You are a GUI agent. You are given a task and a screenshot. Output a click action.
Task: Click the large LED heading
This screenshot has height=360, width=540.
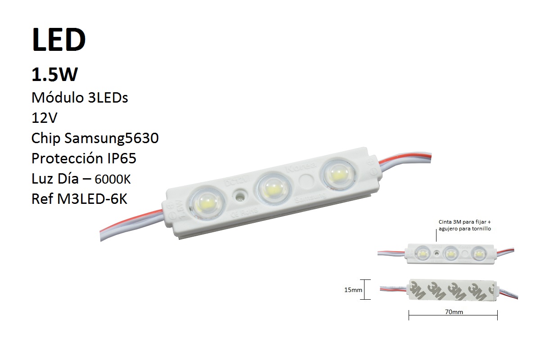(x=58, y=40)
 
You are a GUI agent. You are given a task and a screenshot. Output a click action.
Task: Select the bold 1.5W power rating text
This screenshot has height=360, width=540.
(x=54, y=75)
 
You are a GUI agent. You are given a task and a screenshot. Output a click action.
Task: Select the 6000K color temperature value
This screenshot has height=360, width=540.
(x=112, y=180)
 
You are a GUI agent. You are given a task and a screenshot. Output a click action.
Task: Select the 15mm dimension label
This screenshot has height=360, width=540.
(x=353, y=290)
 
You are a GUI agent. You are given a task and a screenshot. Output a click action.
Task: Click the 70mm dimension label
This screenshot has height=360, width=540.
(x=453, y=311)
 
